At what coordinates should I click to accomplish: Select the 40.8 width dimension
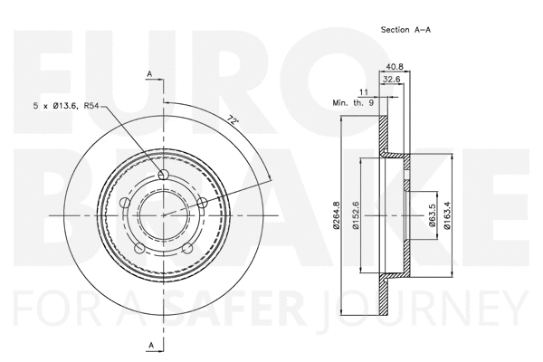click(394, 66)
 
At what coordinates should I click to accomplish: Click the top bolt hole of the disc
click(163, 175)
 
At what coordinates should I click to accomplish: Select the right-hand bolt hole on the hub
click(202, 202)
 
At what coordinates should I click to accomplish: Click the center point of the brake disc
click(163, 214)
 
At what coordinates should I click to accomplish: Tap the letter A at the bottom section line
click(150, 344)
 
